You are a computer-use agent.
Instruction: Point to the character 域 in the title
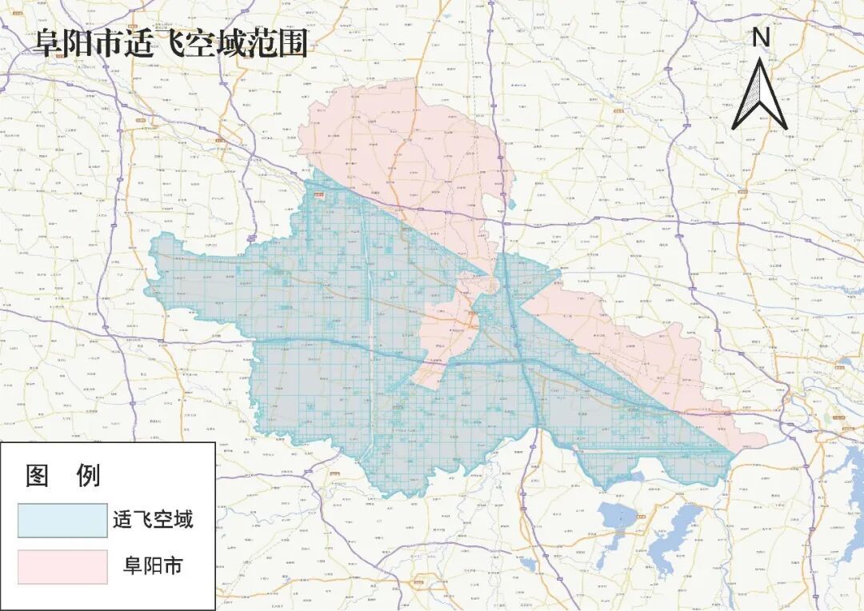(240, 43)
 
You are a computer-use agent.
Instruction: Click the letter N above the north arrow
(762, 37)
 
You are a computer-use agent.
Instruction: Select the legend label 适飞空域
(153, 521)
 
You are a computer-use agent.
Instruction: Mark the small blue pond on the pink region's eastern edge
(511, 204)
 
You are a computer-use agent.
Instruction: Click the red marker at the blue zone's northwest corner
(320, 194)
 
